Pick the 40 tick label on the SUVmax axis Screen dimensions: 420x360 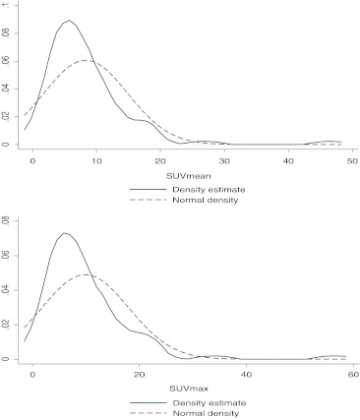point(245,375)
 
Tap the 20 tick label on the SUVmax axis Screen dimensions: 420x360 point(139,375)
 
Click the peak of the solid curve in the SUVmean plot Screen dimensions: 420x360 point(68,21)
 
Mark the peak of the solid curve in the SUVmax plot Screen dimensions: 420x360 point(65,233)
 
